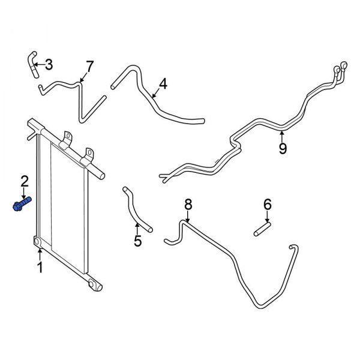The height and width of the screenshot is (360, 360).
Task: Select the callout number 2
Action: click(x=25, y=181)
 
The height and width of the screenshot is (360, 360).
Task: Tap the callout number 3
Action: click(x=49, y=64)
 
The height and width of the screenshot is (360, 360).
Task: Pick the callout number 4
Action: click(x=163, y=84)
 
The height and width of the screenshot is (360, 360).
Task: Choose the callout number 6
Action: click(x=268, y=206)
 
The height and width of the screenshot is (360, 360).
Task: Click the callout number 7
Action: click(x=90, y=65)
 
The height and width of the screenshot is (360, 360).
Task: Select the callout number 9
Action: click(x=283, y=147)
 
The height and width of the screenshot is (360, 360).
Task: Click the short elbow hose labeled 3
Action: click(x=32, y=64)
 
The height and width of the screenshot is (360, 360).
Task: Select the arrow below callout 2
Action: click(x=25, y=193)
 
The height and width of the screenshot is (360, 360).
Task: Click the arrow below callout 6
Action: click(x=268, y=217)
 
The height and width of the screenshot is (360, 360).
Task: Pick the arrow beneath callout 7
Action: click(x=85, y=76)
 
